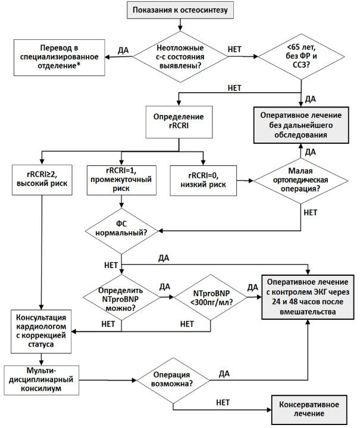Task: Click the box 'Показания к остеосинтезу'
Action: click(180, 10)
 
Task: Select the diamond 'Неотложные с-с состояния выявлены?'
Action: click(180, 57)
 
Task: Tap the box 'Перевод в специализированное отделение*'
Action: click(60, 58)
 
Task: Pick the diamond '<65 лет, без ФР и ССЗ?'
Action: click(301, 56)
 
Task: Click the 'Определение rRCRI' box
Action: click(179, 122)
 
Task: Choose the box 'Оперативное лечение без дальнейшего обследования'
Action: click(301, 125)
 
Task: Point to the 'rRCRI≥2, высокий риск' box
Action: click(42, 180)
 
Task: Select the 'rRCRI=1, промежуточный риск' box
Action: click(121, 180)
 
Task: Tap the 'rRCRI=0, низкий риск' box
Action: click(204, 181)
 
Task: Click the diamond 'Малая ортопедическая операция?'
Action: click(300, 181)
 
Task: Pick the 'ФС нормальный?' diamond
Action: click(121, 231)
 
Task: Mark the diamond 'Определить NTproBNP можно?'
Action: click(121, 297)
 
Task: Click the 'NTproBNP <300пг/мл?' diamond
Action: click(210, 297)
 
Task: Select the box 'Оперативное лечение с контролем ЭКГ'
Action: click(308, 297)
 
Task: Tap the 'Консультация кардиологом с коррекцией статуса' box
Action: click(41, 331)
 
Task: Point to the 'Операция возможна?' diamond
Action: click(173, 380)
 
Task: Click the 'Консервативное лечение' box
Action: click(309, 410)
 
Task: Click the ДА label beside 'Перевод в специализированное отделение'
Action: click(123, 50)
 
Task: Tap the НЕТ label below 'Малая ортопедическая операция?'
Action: click(311, 212)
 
